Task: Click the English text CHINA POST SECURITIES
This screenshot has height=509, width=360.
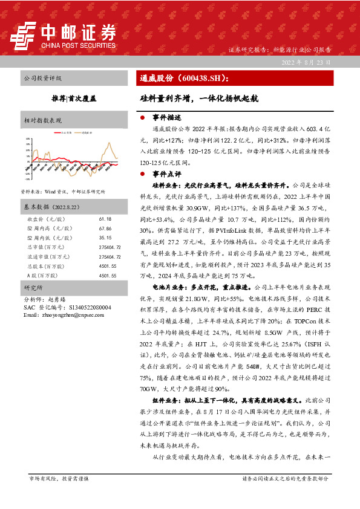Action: coord(77,44)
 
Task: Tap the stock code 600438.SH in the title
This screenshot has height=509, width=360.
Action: coord(201,79)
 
